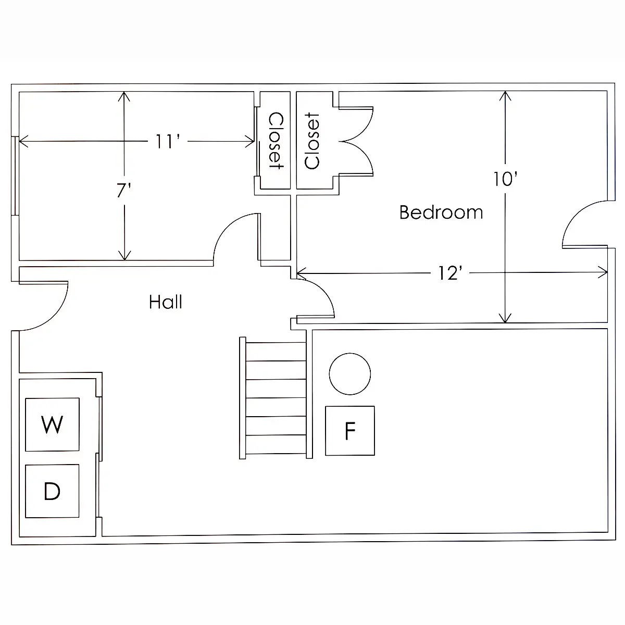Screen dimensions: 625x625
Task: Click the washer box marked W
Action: [52, 424]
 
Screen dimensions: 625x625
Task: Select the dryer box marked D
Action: [52, 491]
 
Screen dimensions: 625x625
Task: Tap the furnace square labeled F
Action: [350, 431]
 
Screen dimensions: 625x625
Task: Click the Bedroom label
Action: [441, 213]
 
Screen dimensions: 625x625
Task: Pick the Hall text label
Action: [166, 302]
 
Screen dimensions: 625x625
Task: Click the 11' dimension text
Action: [168, 142]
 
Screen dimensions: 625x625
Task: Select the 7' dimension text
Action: [124, 190]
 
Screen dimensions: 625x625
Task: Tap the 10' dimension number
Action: [505, 179]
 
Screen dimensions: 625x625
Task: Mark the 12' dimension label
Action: [450, 273]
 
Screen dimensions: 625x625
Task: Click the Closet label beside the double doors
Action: [312, 141]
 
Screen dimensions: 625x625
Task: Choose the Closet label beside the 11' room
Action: [276, 141]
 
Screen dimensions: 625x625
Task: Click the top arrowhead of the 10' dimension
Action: [505, 92]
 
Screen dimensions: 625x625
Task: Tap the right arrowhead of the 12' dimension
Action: [607, 272]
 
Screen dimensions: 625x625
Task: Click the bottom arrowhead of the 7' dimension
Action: [124, 259]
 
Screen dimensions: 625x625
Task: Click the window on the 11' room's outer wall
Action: [15, 176]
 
